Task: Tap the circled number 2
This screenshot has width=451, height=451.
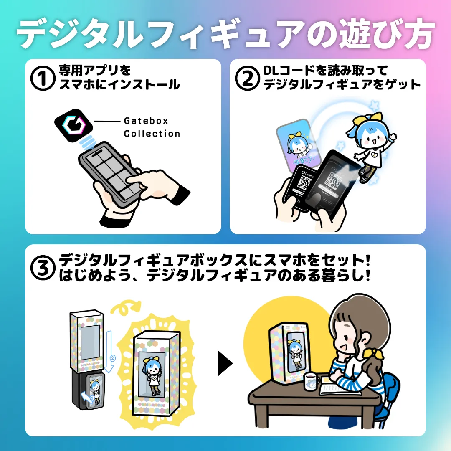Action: [x=248, y=78]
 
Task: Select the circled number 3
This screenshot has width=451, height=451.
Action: [x=42, y=268]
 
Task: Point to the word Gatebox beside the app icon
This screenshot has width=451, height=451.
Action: [x=146, y=121]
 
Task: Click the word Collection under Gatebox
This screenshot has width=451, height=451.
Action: [x=152, y=134]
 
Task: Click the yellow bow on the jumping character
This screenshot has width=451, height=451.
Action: [x=362, y=120]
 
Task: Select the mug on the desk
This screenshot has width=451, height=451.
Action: [x=312, y=382]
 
